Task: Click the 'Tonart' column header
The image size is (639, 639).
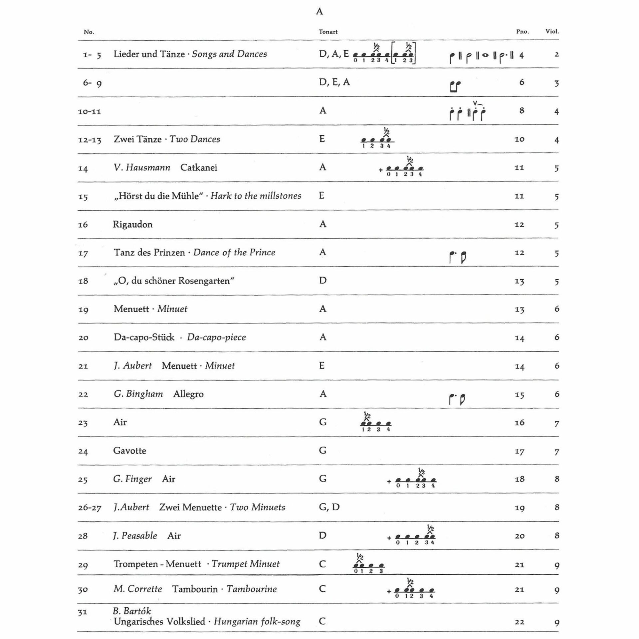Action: tap(328, 32)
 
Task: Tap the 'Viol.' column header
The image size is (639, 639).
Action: tap(552, 32)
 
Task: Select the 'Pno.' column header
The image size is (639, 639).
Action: tap(522, 32)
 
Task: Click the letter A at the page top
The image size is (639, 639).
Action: tap(319, 12)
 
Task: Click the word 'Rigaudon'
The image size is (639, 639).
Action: tap(132, 224)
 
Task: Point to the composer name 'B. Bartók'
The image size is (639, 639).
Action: tap(132, 611)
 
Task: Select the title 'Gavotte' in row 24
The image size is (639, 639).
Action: tap(129, 451)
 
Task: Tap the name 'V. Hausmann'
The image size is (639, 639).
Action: tap(142, 167)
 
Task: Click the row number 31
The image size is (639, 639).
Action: tap(83, 612)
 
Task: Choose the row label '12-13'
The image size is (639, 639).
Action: tap(89, 140)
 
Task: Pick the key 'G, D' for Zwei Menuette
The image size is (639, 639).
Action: tap(329, 507)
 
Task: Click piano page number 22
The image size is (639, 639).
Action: tap(519, 622)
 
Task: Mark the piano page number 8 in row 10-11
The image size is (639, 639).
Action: tap(522, 110)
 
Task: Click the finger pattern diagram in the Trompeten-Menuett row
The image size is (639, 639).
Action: tap(369, 565)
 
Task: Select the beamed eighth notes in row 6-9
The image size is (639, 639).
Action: tap(455, 87)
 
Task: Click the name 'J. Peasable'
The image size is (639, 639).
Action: tap(135, 536)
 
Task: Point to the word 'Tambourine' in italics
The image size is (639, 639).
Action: tap(252, 589)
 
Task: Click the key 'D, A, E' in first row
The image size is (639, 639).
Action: tap(333, 54)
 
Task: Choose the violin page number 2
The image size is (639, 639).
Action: tap(556, 55)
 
